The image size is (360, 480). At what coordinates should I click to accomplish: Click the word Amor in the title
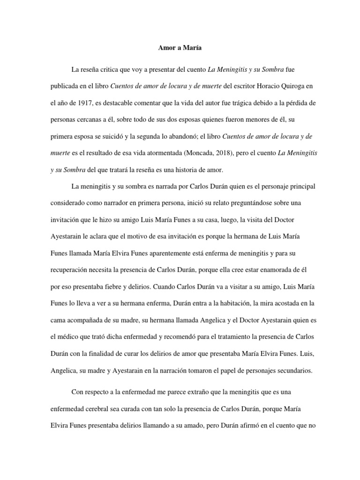[x=162, y=47]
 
